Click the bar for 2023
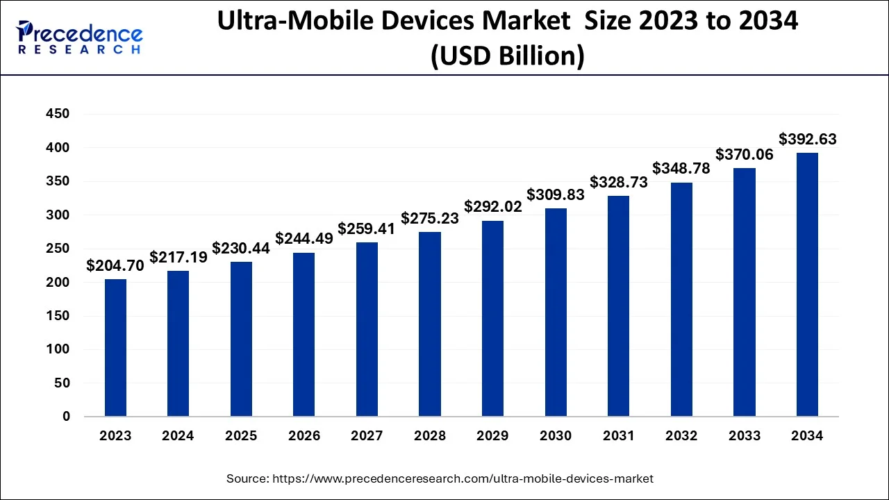pos(115,348)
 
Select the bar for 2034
pos(807,285)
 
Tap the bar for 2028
pos(430,324)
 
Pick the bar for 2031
pos(618,306)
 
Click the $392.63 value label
pos(807,140)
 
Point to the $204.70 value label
pos(115,265)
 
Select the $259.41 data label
pos(367,228)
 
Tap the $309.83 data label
pos(556,195)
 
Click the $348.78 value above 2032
pos(681,169)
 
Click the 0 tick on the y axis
pos(66,417)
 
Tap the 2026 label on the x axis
pos(304,436)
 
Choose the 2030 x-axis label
pos(556,436)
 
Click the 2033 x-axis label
pos(744,436)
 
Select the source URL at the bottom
pos(440,478)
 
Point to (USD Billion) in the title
pos(508,56)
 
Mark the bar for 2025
pos(241,339)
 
